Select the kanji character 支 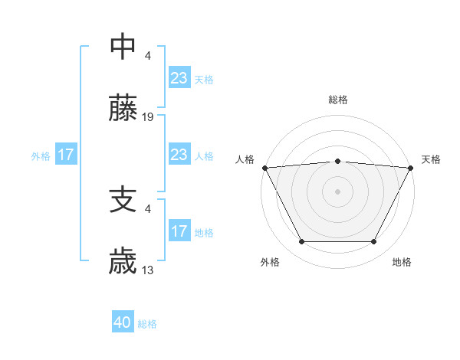coord(123,200)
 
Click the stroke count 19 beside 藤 coord(148,117)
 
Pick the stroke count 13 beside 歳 coord(148,270)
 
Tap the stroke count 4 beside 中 coord(148,55)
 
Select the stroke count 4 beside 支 coord(148,208)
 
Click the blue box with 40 coord(123,323)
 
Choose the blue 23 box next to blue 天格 coord(179,78)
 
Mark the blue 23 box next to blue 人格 coord(179,155)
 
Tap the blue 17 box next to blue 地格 coord(179,231)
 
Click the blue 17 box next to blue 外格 coord(65,155)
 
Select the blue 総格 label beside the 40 coord(147,324)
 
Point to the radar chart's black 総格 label coord(337,100)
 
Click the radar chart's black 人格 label coord(245,159)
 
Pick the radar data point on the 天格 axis coord(411,168)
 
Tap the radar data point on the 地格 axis coord(374,242)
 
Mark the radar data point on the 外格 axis coord(301,242)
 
